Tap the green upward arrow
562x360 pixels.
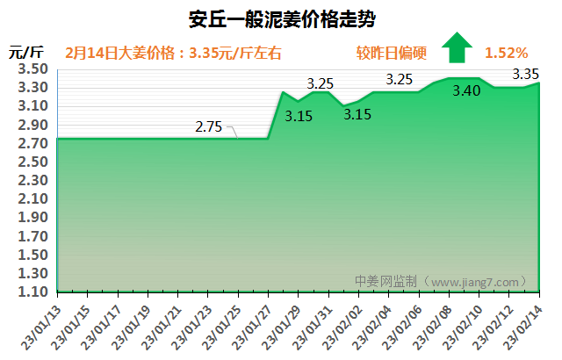pos(457,47)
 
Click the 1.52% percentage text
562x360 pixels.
pos(506,53)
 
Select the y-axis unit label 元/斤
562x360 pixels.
pos(26,52)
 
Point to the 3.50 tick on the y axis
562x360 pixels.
pos(32,68)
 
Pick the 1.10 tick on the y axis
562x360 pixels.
pos(32,292)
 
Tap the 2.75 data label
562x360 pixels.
pos(209,126)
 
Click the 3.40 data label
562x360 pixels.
pos(466,90)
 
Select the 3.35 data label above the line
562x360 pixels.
pos(525,74)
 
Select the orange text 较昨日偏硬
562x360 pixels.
pos(392,53)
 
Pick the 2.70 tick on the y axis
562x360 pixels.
pos(32,143)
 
